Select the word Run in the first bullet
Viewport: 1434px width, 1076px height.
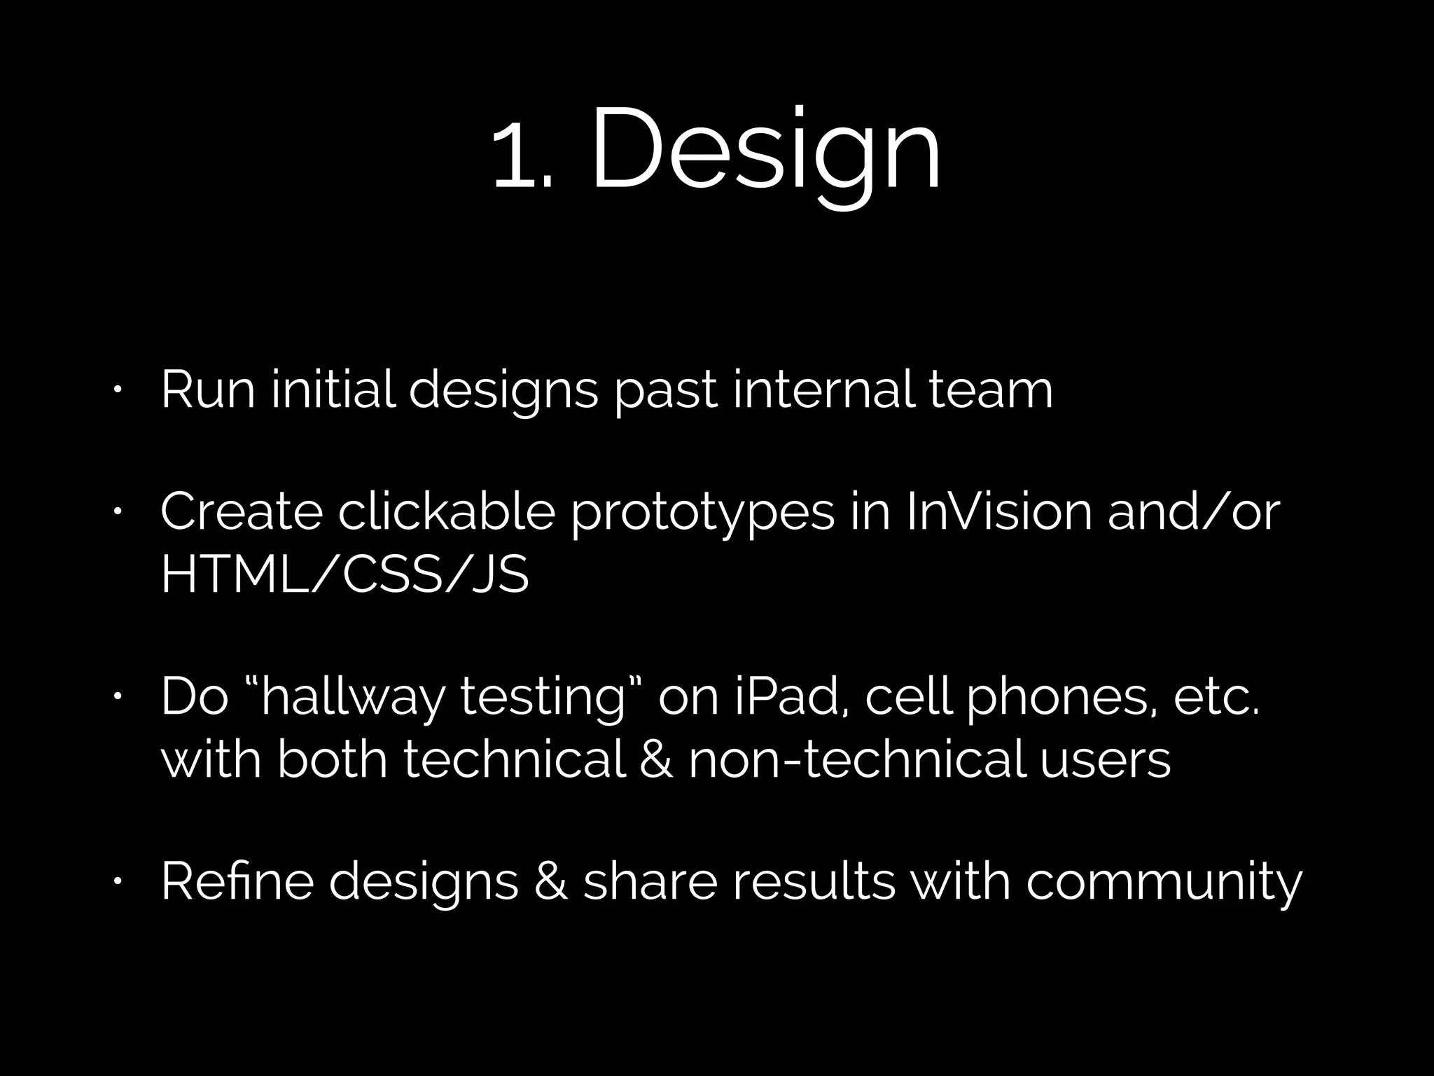point(207,389)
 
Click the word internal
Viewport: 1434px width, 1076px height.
point(823,389)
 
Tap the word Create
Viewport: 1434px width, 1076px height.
point(242,512)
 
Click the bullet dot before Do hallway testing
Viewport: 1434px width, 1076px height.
point(119,697)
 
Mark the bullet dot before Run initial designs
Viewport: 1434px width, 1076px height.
point(119,389)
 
